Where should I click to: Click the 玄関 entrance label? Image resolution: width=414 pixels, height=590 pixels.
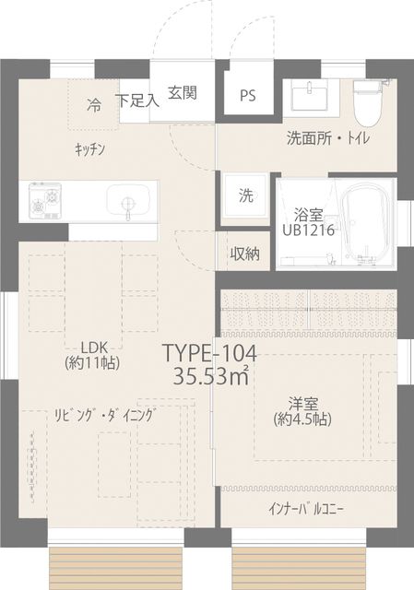(183, 93)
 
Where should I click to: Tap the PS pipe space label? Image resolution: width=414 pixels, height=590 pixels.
(248, 96)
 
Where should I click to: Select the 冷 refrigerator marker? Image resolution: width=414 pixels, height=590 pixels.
(94, 105)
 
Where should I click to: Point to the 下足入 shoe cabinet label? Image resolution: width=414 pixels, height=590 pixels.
(137, 100)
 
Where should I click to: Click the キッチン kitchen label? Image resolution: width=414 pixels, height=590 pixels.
(89, 150)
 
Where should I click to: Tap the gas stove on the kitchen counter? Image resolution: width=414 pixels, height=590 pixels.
(45, 201)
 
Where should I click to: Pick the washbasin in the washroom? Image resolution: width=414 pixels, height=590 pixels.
(311, 96)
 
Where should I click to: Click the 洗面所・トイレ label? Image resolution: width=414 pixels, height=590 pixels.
(328, 138)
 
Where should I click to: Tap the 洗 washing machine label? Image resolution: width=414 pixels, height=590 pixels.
(246, 195)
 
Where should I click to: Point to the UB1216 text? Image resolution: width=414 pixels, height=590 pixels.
(309, 230)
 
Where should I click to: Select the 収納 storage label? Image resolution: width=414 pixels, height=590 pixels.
(245, 254)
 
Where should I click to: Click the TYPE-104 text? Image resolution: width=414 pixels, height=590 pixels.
(210, 353)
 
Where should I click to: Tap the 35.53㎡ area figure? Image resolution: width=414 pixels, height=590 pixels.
(211, 375)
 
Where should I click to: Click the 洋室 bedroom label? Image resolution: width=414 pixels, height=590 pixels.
(303, 404)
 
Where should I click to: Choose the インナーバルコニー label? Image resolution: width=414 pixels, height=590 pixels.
(306, 510)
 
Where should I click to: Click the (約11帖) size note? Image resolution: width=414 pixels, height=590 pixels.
(92, 362)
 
